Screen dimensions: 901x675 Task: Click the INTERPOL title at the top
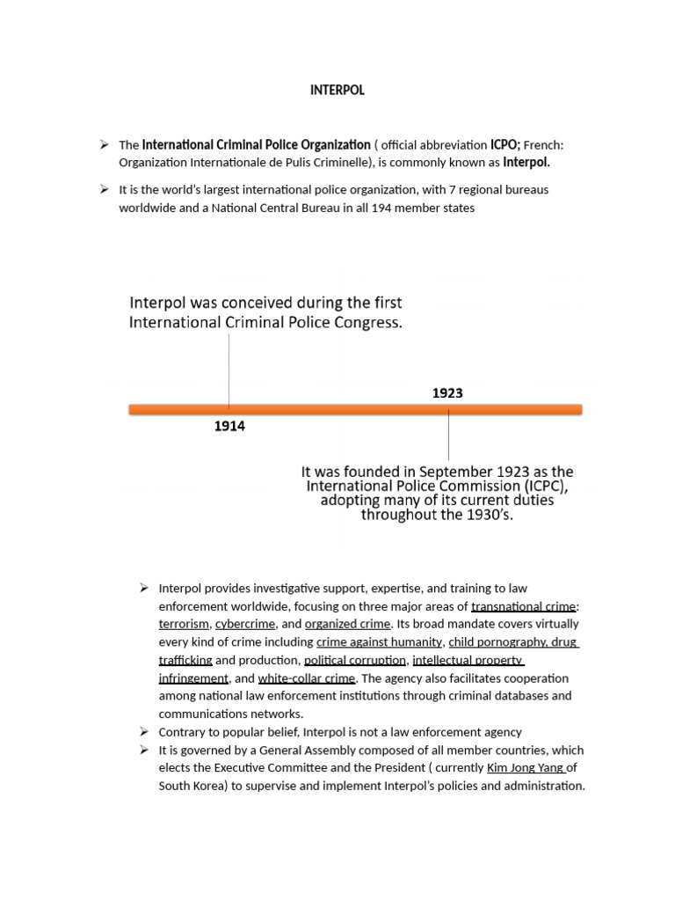[337, 90]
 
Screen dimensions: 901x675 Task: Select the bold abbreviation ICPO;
[505, 144]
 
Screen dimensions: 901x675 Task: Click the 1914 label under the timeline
[229, 427]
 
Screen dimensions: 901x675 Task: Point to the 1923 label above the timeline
[447, 393]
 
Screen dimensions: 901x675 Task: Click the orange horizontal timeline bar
[355, 409]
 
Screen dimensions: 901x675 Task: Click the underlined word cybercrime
[245, 624]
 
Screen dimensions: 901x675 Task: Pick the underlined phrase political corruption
[355, 660]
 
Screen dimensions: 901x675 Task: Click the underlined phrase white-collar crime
[307, 678]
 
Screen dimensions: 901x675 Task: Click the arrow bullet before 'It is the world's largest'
[104, 189]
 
